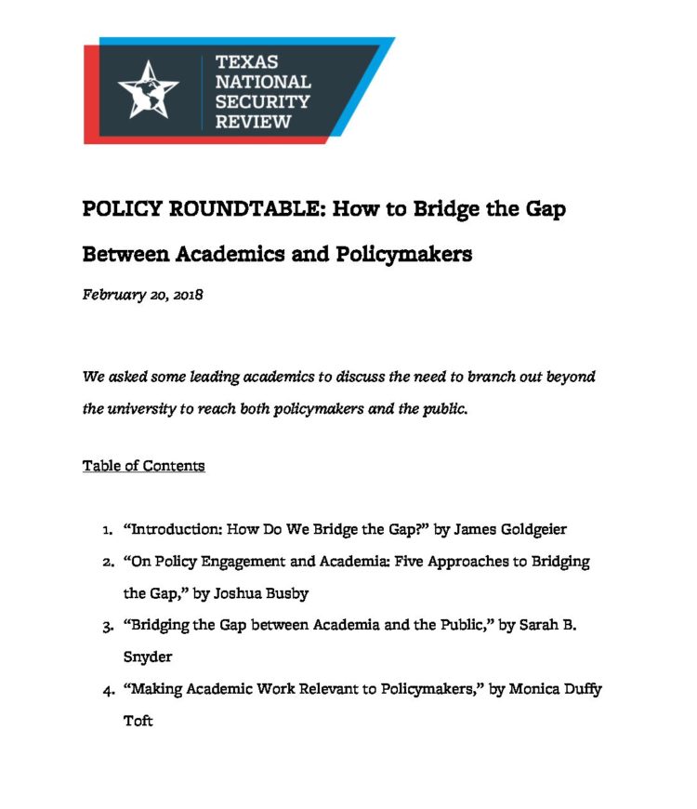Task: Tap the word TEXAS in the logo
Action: pyautogui.click(x=246, y=62)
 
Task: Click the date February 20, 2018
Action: pyautogui.click(x=142, y=295)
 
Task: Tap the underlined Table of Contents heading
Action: pyautogui.click(x=143, y=465)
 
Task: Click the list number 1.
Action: pyautogui.click(x=108, y=530)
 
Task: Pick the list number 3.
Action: pyautogui.click(x=108, y=627)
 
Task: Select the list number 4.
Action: pyautogui.click(x=108, y=690)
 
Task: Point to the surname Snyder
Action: pyautogui.click(x=148, y=656)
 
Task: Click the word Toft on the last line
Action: pyautogui.click(x=138, y=721)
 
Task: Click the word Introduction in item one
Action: pyautogui.click(x=174, y=529)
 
